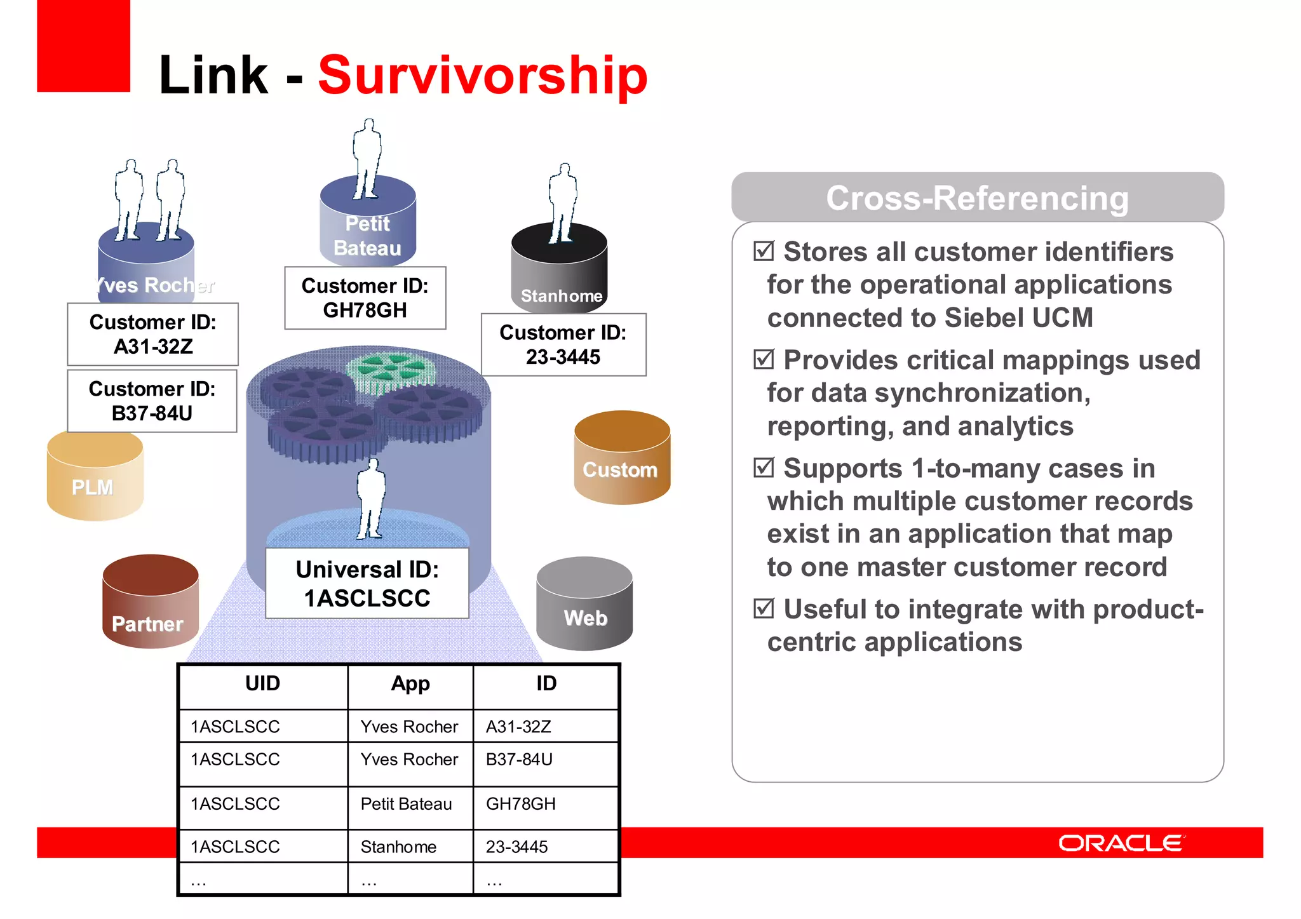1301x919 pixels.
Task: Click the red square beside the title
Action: (x=83, y=46)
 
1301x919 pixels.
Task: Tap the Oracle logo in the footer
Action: (x=1120, y=843)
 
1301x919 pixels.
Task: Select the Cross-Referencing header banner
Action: (x=977, y=198)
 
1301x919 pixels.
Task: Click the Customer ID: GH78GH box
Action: (x=365, y=298)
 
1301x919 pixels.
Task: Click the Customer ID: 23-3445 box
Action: (x=563, y=344)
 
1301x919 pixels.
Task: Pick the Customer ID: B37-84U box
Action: (x=152, y=401)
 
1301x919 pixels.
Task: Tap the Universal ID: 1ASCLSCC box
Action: (x=367, y=583)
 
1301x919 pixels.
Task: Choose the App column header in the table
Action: (x=410, y=684)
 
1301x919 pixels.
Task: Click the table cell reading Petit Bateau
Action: (x=407, y=804)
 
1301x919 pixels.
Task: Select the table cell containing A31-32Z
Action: (x=519, y=727)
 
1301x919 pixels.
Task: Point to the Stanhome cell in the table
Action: (x=398, y=847)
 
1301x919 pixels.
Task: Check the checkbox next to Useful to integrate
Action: (x=764, y=608)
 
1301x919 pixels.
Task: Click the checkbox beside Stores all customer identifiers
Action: (x=764, y=251)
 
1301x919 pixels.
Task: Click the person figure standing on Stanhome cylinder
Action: (x=562, y=203)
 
